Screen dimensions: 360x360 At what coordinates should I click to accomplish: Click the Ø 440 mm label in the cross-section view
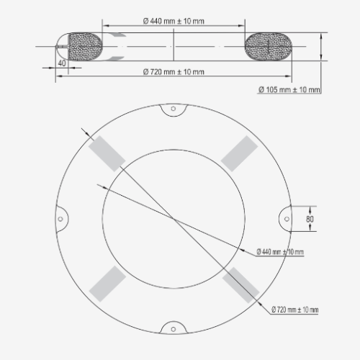(173, 20)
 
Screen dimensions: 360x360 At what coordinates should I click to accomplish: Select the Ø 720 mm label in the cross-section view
(173, 71)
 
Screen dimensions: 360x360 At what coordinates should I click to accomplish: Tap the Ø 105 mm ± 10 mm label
(289, 89)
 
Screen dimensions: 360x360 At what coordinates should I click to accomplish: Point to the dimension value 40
(61, 63)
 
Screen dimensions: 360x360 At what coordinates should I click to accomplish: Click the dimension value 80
(310, 218)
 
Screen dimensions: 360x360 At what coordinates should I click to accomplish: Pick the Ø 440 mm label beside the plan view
(280, 251)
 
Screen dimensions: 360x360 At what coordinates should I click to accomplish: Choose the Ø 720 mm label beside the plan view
(295, 309)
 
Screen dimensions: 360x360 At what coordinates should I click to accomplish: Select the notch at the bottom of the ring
(173, 327)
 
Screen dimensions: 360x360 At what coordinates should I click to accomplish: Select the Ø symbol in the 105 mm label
(261, 89)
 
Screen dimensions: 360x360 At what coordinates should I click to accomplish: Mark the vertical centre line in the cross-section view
(173, 47)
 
